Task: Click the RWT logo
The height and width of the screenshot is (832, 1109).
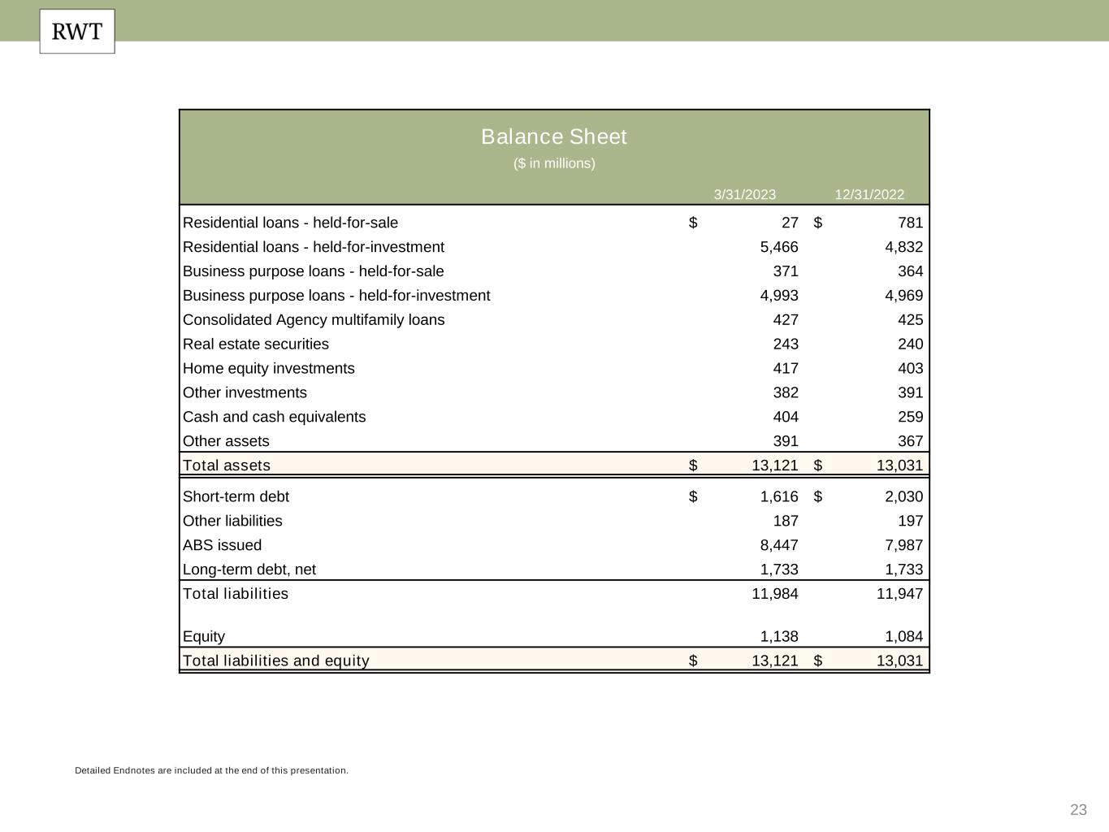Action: (x=77, y=32)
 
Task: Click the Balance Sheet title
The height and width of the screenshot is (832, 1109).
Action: (x=554, y=136)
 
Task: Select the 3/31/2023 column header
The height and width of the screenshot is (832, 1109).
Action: (x=744, y=194)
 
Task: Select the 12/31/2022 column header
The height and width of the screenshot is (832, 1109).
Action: (x=869, y=194)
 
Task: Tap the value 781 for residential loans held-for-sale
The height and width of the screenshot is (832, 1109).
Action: (x=910, y=223)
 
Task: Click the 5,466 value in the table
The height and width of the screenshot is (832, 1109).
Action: (x=779, y=247)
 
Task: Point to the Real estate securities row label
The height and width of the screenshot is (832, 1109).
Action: (x=256, y=344)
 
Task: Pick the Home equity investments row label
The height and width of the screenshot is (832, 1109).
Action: (x=269, y=369)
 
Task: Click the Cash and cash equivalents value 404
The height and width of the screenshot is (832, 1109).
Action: (x=786, y=417)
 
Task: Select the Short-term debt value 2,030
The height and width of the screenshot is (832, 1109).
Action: (x=903, y=496)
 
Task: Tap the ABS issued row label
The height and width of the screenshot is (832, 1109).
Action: (x=222, y=545)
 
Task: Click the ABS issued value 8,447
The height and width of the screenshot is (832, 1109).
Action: (x=779, y=545)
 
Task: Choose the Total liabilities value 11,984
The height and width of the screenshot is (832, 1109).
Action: (x=775, y=594)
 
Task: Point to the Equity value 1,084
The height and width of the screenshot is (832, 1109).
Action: (x=903, y=637)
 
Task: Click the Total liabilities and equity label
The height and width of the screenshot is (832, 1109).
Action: (x=276, y=661)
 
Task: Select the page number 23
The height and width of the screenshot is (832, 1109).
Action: (x=1078, y=809)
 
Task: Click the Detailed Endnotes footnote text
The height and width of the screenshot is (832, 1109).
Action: (x=211, y=770)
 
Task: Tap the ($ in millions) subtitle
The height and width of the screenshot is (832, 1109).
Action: (x=554, y=163)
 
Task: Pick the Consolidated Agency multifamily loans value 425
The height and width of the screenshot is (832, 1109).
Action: (x=910, y=320)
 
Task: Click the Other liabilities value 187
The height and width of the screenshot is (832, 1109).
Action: (x=786, y=521)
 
